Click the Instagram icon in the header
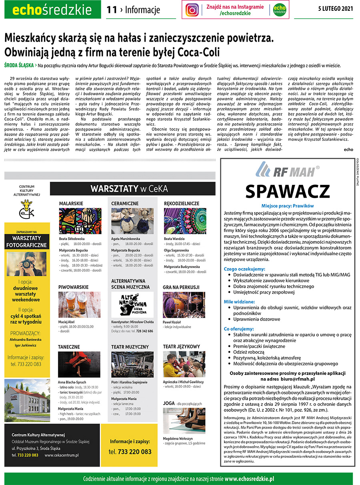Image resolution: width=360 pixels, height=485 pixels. (x=192, y=10)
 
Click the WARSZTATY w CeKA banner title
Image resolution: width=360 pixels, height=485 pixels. (x=129, y=188)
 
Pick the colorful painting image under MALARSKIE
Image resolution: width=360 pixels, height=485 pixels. (x=80, y=220)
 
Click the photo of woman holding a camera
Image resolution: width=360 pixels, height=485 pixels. (x=26, y=264)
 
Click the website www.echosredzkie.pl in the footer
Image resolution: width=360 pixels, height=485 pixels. (x=249, y=479)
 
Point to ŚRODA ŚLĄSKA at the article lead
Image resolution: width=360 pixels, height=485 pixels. (x=18, y=65)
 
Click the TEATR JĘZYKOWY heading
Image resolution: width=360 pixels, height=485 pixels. (x=181, y=346)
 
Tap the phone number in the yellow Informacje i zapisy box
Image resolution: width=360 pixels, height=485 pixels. (x=130, y=452)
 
